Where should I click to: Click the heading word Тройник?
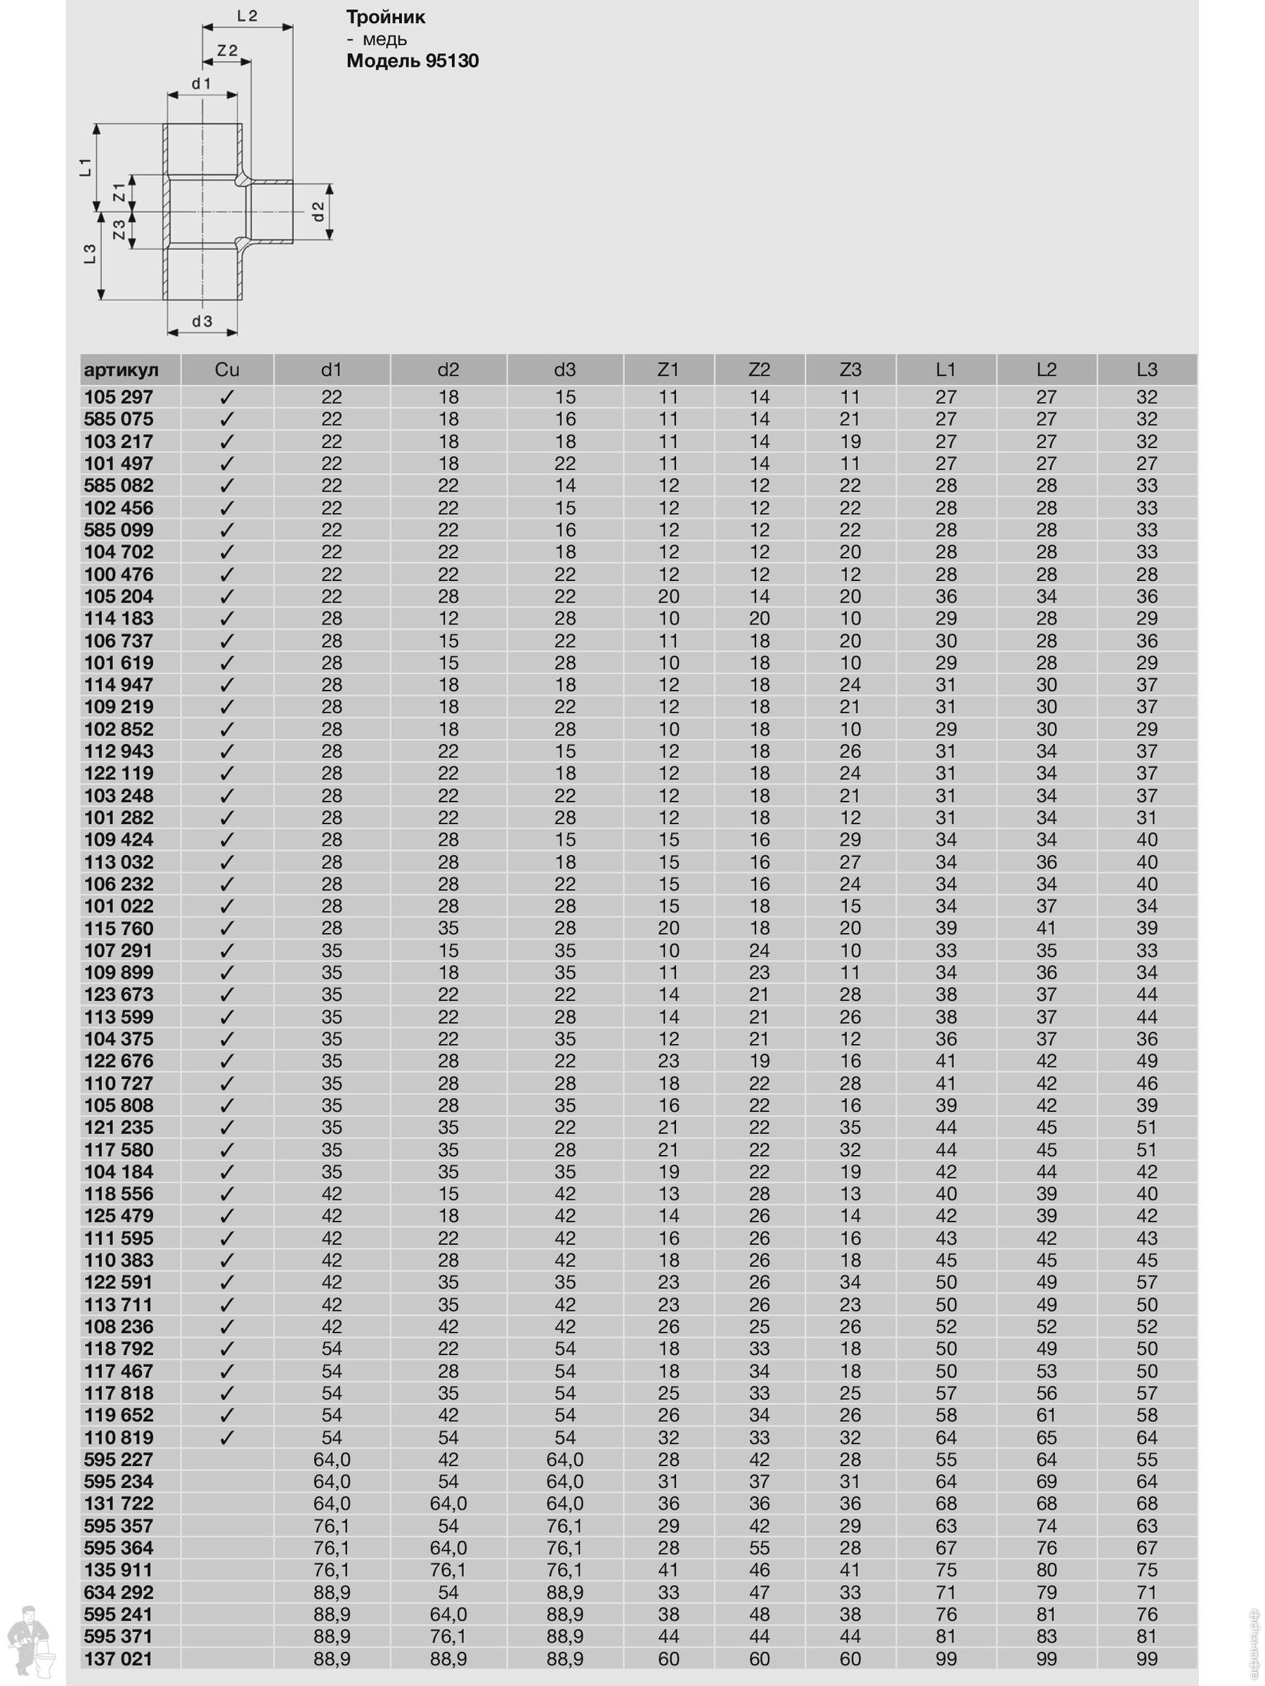(x=385, y=17)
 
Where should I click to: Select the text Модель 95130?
(x=412, y=61)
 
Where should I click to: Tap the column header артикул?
(x=122, y=370)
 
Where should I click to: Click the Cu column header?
(x=226, y=370)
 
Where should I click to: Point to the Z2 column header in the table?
(x=759, y=370)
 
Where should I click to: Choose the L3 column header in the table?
(x=1146, y=370)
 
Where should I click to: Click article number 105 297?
(x=118, y=397)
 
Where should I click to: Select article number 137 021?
(x=118, y=1659)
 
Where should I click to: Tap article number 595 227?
(x=118, y=1460)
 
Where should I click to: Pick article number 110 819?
(x=118, y=1437)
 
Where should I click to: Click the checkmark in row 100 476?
(x=226, y=575)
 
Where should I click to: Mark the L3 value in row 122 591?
(x=1146, y=1283)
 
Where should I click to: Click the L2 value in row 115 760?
(x=1046, y=929)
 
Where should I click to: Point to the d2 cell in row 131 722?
(x=448, y=1504)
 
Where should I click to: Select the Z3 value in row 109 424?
(x=850, y=840)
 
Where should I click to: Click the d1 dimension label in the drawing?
(x=201, y=84)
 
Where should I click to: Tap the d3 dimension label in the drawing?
(x=202, y=322)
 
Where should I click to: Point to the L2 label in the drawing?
(x=247, y=16)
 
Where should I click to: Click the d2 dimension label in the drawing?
(x=319, y=211)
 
